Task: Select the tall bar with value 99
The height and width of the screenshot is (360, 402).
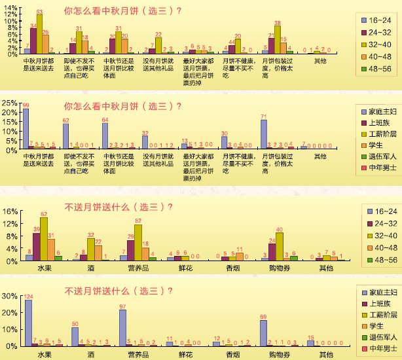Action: point(26,130)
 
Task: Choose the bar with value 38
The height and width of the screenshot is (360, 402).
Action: point(277,39)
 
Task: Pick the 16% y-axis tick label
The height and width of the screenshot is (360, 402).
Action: point(10,211)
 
